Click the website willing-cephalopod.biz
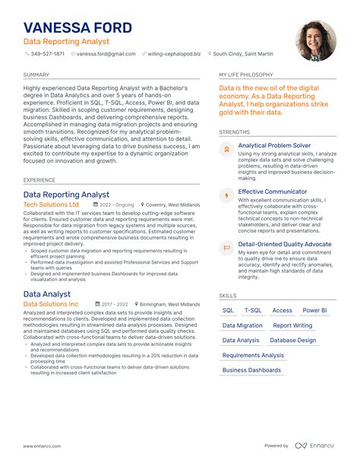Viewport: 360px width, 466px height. (175, 54)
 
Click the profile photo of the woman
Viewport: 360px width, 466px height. (314, 40)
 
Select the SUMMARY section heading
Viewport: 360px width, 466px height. (36, 75)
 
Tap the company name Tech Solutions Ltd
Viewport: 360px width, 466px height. (51, 204)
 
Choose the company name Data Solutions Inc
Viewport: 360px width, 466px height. (51, 304)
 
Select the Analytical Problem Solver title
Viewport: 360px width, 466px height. (274, 144)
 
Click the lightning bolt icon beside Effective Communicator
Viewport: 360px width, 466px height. (226, 196)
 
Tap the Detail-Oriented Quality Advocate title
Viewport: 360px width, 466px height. (285, 244)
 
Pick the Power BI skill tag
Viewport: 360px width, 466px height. (314, 310)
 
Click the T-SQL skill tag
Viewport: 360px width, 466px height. (253, 310)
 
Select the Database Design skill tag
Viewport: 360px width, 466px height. (293, 340)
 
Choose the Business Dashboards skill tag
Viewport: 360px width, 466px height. (251, 370)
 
